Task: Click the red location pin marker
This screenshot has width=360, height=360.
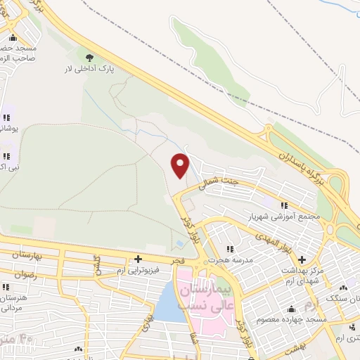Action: point(181,165)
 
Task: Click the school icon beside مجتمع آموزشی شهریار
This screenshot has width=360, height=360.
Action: point(285,205)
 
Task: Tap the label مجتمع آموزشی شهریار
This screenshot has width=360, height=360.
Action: point(285,217)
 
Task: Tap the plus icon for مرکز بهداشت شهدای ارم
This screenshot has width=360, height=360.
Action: point(301,259)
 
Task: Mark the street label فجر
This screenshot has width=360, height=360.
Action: point(176,261)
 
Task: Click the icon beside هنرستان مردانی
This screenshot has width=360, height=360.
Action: point(7,287)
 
